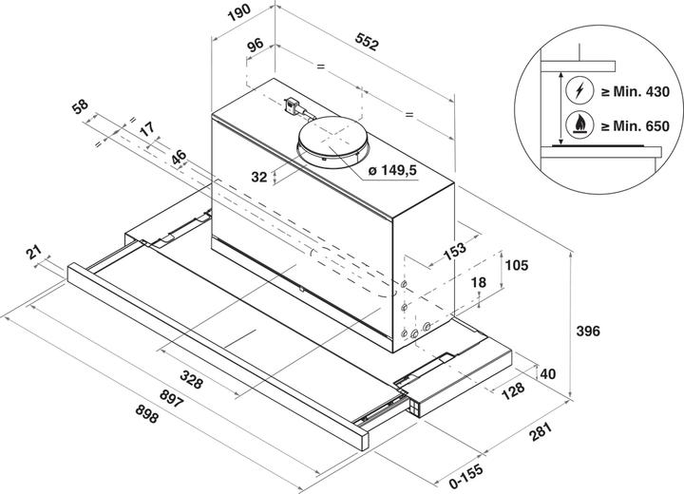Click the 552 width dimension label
click(367, 42)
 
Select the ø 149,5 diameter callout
click(392, 170)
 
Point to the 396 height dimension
click(588, 332)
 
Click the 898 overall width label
click(146, 413)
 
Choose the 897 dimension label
click(171, 398)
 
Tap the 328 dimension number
click(192, 379)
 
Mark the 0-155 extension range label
click(465, 476)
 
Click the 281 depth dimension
click(541, 431)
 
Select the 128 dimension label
click(513, 391)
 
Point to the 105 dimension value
click(517, 265)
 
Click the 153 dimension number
click(454, 252)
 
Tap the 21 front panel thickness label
click(33, 253)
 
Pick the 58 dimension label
click(80, 106)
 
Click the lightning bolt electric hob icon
click(579, 91)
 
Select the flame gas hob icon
click(579, 125)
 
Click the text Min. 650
click(641, 126)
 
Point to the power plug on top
click(292, 106)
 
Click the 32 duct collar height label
click(258, 177)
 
